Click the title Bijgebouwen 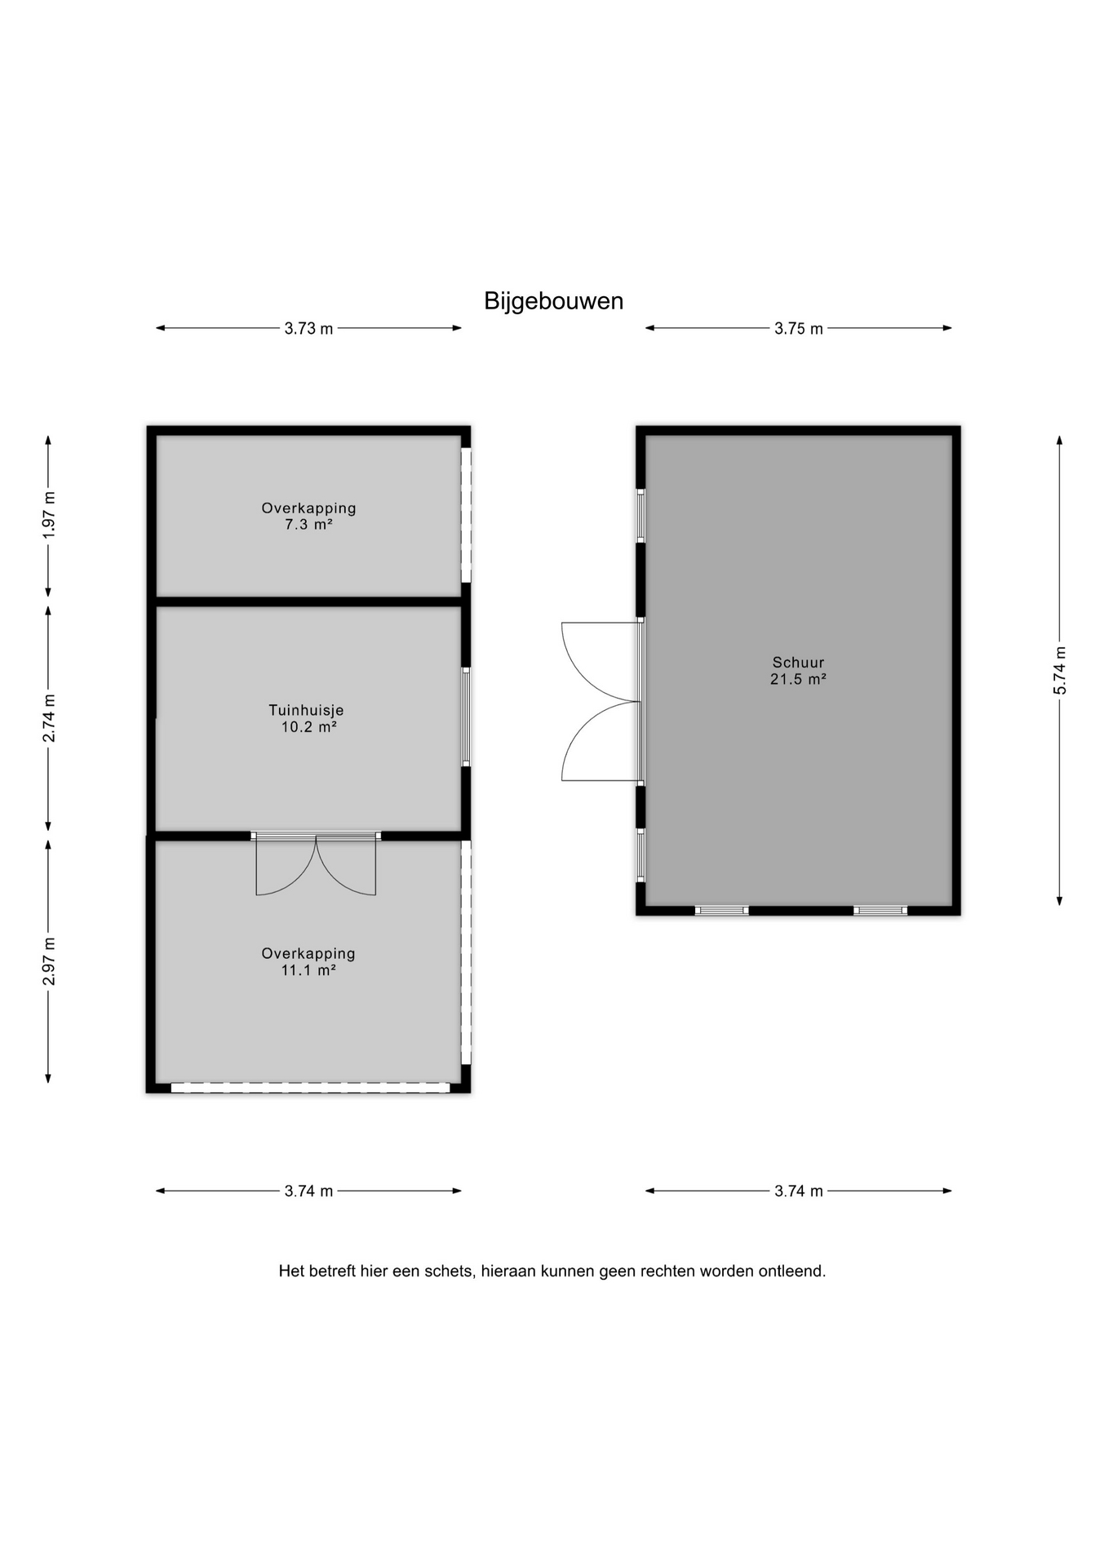click(553, 301)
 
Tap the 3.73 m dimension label click(308, 329)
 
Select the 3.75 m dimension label click(799, 329)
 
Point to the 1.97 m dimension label click(50, 514)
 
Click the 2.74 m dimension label click(50, 718)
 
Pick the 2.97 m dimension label click(50, 961)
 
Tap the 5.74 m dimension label click(1060, 670)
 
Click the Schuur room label click(799, 663)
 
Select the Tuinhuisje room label click(306, 710)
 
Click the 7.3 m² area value click(308, 525)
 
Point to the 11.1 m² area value click(308, 970)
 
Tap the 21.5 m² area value click(799, 679)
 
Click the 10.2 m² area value click(309, 727)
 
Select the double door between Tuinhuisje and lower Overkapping click(316, 863)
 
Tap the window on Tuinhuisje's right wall click(466, 717)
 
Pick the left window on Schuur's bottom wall click(721, 911)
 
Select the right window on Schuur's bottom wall click(880, 911)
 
